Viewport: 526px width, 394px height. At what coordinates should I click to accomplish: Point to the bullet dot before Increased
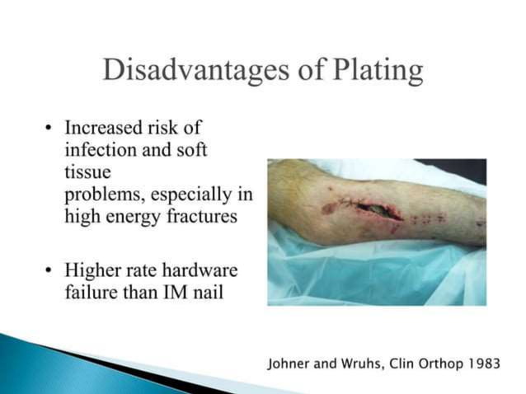[49, 130]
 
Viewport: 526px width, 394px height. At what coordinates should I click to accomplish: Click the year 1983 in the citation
[482, 364]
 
